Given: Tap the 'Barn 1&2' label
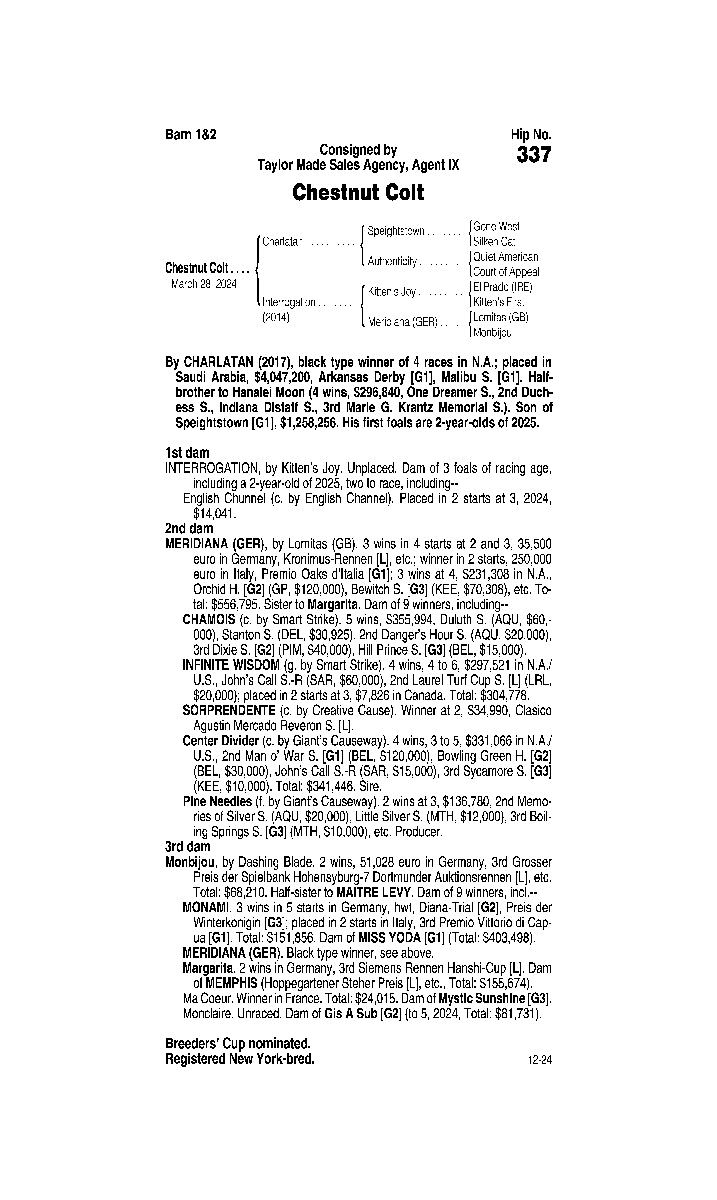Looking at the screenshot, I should [191, 134].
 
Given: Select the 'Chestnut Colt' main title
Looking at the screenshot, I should [358, 192].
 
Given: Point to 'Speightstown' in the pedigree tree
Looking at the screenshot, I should [396, 231].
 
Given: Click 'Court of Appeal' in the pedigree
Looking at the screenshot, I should [506, 272].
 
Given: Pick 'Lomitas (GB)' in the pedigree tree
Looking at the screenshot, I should [501, 317].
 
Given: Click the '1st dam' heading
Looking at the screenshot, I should [187, 453].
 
